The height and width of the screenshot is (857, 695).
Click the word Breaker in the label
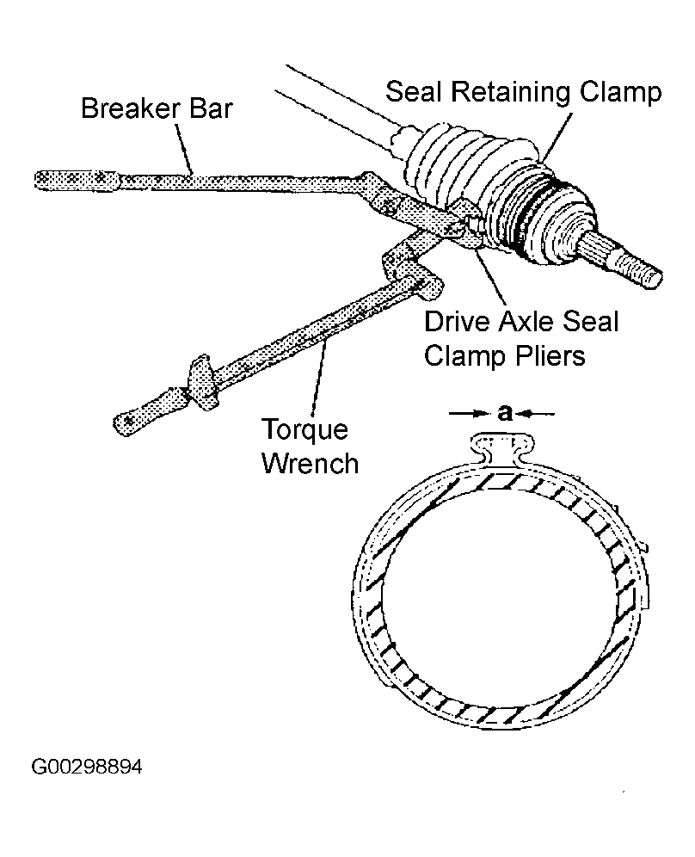pyautogui.click(x=131, y=108)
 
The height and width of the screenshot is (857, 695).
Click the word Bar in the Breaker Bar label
pyautogui.click(x=211, y=108)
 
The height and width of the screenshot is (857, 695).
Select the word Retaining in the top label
pyautogui.click(x=511, y=92)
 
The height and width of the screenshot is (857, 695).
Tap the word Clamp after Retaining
pyautogui.click(x=621, y=92)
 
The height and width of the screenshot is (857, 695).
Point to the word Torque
pyautogui.click(x=304, y=430)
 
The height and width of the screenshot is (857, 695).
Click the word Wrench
pyautogui.click(x=310, y=464)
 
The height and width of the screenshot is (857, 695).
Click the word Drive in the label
pyautogui.click(x=457, y=322)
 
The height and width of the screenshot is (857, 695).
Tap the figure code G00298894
pyautogui.click(x=87, y=767)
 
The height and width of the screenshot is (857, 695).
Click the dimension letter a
pyautogui.click(x=506, y=413)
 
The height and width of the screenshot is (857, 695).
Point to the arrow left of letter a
pyautogui.click(x=469, y=414)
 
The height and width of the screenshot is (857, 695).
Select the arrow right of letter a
pyautogui.click(x=536, y=414)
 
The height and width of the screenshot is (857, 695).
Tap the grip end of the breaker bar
pyautogui.click(x=77, y=180)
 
